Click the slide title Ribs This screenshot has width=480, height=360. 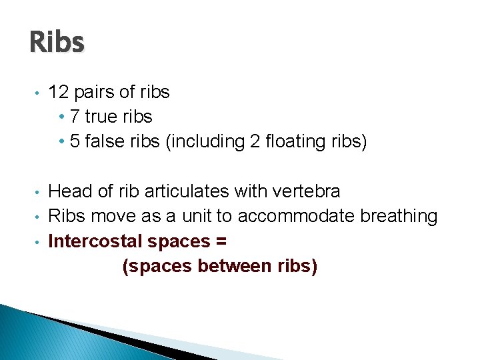57,42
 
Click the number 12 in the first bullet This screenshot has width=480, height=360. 59,92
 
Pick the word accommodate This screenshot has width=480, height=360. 296,217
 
